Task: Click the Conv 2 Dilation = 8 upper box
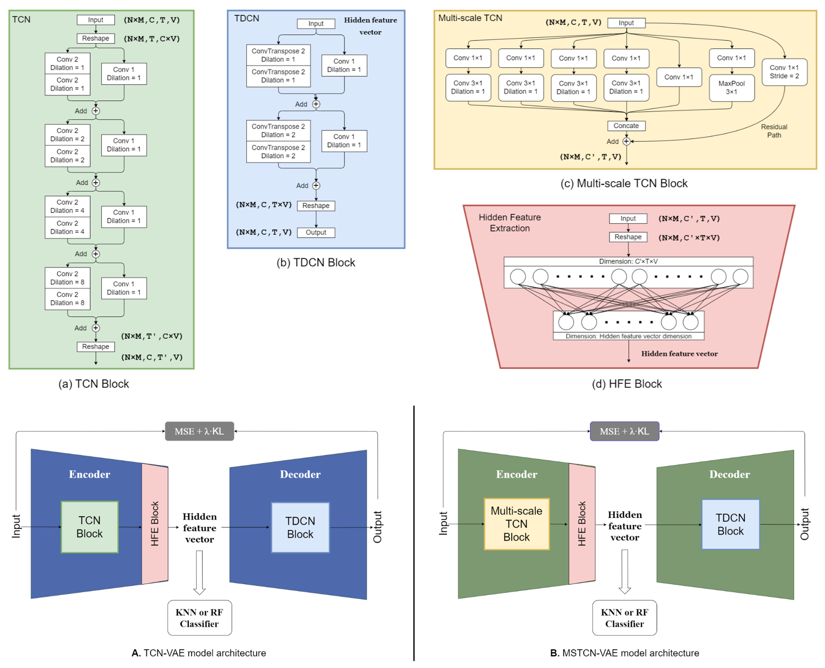point(67,278)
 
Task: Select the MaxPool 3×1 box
point(731,88)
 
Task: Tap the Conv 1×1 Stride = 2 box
point(784,72)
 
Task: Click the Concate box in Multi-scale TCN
point(626,126)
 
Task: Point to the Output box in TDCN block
point(316,232)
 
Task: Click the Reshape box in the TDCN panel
point(316,206)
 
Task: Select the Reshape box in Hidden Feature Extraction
point(628,237)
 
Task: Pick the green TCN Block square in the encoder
point(89,527)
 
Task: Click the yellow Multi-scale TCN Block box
point(516,524)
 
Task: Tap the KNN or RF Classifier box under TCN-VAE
point(199,618)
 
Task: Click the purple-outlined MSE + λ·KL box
point(624,431)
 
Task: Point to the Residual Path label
point(774,131)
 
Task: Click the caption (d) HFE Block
point(626,384)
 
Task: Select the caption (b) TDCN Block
point(316,262)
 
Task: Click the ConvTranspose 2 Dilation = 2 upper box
point(278,131)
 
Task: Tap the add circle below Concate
point(626,141)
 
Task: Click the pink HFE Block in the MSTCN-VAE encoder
point(582,524)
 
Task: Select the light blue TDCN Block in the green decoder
point(730,524)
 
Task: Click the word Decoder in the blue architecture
point(300,474)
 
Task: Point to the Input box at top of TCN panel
point(95,20)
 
